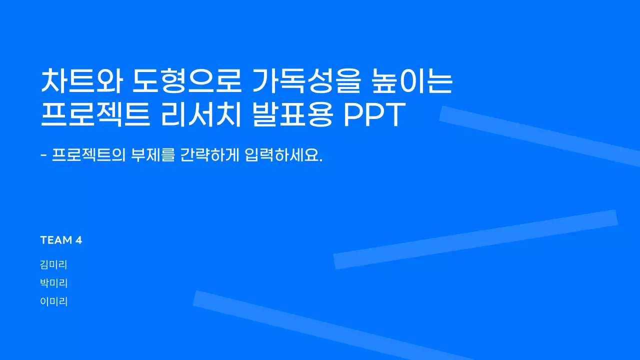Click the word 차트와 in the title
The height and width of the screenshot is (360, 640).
point(81,82)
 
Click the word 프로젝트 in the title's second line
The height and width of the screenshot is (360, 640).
point(95,116)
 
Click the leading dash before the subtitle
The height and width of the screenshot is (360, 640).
point(43,156)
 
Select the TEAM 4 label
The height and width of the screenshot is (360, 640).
point(61,240)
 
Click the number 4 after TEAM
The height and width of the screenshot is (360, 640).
point(78,240)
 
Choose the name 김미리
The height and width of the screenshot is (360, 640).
point(53,265)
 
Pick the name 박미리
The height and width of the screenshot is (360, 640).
point(53,283)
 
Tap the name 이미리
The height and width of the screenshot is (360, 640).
point(53,301)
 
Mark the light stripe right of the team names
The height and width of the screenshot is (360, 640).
point(475,239)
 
